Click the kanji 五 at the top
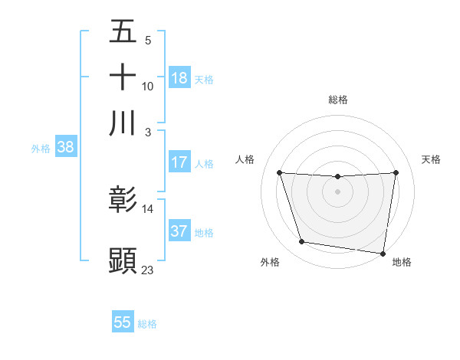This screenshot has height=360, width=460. click(x=123, y=33)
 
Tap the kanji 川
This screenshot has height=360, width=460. click(x=123, y=123)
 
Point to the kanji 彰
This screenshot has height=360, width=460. click(x=123, y=201)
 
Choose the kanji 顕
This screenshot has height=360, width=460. click(x=123, y=260)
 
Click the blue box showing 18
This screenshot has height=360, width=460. click(x=179, y=78)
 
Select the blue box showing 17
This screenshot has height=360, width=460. click(x=179, y=162)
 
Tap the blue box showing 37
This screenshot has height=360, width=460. click(x=179, y=231)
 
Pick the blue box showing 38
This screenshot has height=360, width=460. click(x=65, y=148)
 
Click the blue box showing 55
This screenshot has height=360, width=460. click(x=123, y=322)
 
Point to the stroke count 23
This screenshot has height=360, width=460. click(x=148, y=270)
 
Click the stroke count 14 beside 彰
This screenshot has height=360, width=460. click(x=148, y=209)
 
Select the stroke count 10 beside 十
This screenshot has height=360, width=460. click(x=148, y=87)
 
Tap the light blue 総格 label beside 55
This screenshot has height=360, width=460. click(x=147, y=324)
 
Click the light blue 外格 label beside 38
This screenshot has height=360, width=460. click(x=41, y=149)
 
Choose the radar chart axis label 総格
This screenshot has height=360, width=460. click(x=338, y=100)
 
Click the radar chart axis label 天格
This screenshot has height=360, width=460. click(x=432, y=159)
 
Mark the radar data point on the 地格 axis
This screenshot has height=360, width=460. click(x=384, y=254)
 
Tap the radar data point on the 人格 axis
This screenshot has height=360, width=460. click(x=279, y=173)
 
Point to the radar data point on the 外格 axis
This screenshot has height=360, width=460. click(x=302, y=242)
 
